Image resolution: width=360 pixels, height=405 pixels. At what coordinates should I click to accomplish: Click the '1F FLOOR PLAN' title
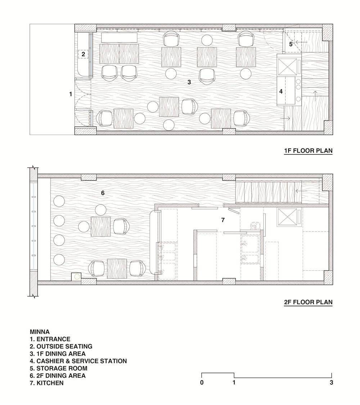(x=308, y=150)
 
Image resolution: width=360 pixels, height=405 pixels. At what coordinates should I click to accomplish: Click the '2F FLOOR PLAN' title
(x=308, y=302)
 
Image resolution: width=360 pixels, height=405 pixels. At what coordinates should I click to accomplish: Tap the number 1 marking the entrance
(x=71, y=94)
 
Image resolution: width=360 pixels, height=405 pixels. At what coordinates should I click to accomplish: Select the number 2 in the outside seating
(x=83, y=54)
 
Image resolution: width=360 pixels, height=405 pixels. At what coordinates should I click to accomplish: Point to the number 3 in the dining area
(x=189, y=82)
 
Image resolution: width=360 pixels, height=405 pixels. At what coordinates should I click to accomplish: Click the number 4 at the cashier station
(x=281, y=91)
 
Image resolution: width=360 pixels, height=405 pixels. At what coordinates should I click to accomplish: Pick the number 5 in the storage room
(x=291, y=44)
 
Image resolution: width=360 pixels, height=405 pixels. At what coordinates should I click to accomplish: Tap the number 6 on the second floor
(x=103, y=193)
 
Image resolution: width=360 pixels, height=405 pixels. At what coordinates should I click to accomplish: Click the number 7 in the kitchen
(x=223, y=220)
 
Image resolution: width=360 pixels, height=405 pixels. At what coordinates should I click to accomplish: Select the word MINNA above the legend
(x=40, y=332)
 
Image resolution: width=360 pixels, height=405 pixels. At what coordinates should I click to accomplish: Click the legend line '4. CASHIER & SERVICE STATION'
(x=78, y=361)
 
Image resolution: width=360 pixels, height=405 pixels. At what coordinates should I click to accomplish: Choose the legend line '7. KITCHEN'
(x=46, y=383)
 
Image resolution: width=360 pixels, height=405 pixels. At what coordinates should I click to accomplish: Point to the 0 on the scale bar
(x=202, y=383)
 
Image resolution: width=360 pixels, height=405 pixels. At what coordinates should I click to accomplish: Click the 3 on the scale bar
(x=331, y=383)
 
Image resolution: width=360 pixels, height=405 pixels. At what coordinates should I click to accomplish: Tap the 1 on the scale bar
(x=234, y=383)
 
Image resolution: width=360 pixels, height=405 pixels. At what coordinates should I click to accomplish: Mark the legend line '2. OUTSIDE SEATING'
(x=61, y=346)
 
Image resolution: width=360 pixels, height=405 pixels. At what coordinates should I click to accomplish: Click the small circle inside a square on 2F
(x=76, y=277)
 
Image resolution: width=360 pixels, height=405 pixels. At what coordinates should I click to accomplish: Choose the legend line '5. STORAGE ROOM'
(x=58, y=368)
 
